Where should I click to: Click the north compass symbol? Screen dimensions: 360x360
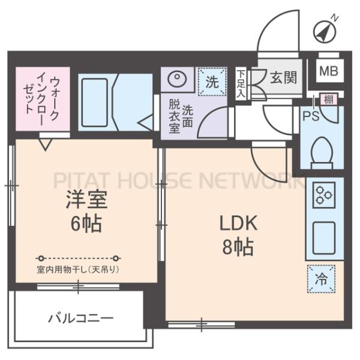pos(324,31)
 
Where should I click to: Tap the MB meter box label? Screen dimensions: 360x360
pos(328,71)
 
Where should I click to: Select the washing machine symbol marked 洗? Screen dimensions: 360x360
pos(212,82)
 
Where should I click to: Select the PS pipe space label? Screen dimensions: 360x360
pos(310,115)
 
